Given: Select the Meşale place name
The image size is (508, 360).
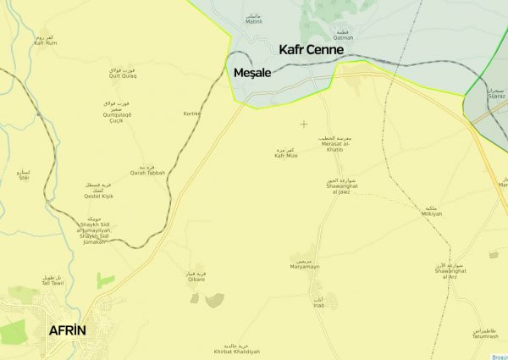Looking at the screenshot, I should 251,74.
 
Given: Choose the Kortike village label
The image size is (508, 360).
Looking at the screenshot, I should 191,113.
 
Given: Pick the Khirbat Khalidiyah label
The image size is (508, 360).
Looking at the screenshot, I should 237,350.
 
